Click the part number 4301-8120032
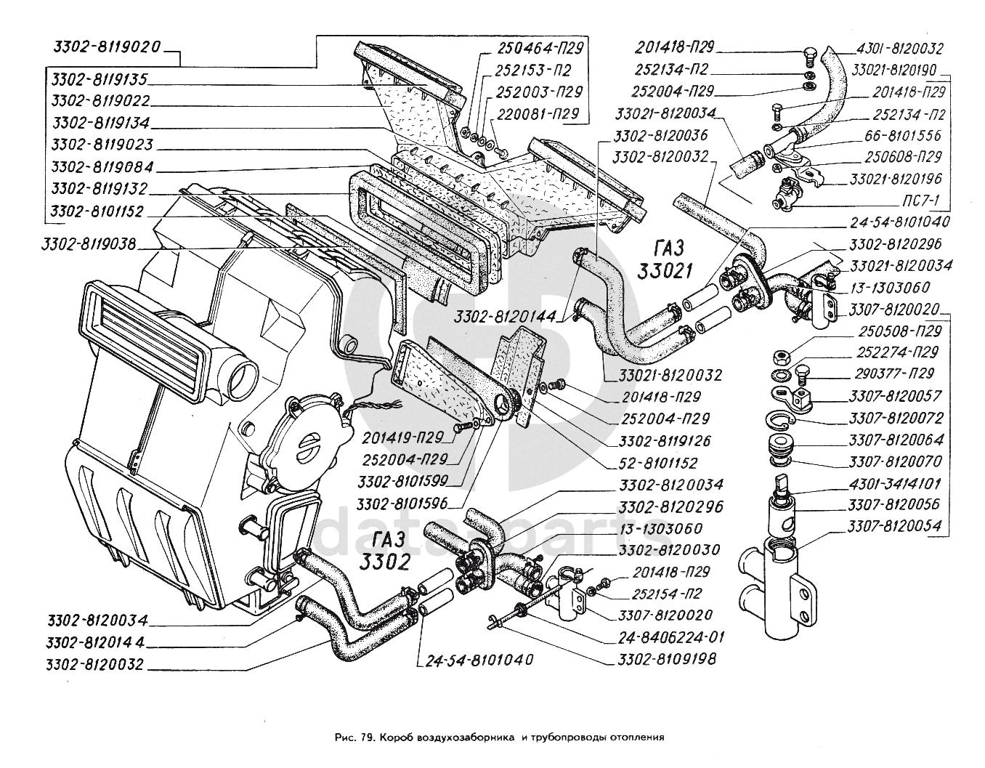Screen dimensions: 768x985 click(900, 49)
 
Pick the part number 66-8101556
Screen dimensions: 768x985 click(903, 135)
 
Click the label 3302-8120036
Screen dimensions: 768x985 click(660, 135)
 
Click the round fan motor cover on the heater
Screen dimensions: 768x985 click(301, 444)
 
